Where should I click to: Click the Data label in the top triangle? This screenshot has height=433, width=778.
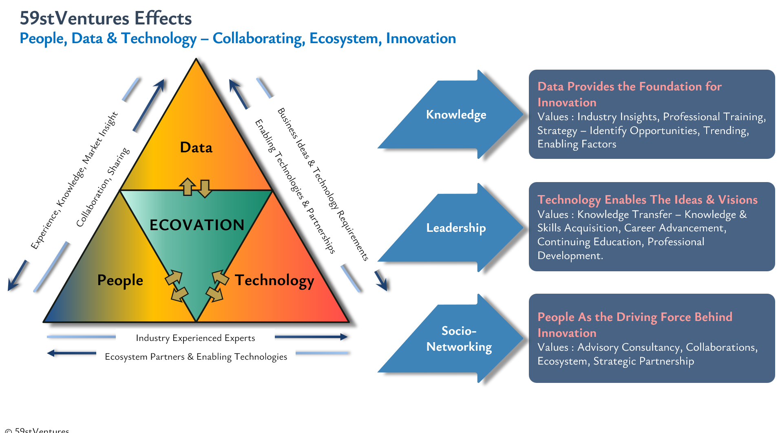(196, 147)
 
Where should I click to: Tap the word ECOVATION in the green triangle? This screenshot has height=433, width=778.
(197, 225)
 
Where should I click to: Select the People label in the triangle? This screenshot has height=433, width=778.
(120, 280)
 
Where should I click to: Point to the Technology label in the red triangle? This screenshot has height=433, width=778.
(274, 281)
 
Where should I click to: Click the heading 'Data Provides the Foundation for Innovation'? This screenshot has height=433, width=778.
(630, 94)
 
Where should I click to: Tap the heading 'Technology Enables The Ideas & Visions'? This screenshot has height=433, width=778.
(648, 200)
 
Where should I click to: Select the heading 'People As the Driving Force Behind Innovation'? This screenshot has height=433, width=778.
(635, 325)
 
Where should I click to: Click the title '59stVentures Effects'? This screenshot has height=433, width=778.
(106, 18)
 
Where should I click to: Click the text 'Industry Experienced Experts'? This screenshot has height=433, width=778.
(195, 338)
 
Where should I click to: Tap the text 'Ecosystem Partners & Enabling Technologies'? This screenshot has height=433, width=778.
(196, 357)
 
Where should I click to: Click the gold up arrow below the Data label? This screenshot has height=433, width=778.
(188, 187)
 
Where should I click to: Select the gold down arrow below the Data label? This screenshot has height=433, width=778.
(205, 189)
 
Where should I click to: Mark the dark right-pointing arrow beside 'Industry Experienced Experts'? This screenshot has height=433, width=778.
(311, 337)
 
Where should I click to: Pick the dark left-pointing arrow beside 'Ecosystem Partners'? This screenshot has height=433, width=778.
(71, 353)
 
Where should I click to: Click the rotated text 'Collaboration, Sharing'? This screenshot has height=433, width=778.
(103, 187)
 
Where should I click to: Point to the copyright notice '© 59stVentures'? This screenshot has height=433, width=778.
(37, 430)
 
